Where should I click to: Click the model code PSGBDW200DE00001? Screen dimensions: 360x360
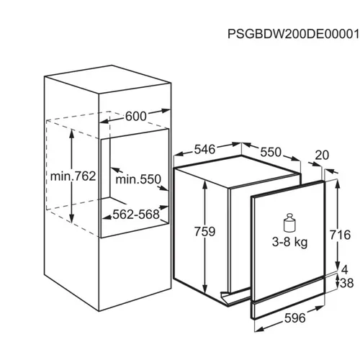tap(293, 34)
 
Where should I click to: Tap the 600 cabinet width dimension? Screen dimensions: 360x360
tap(135, 117)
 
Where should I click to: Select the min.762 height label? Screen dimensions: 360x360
tap(73, 176)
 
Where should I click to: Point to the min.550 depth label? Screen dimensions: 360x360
tap(138, 179)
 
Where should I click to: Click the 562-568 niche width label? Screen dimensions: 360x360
tap(136, 215)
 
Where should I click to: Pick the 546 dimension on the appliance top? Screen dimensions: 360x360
tap(204, 149)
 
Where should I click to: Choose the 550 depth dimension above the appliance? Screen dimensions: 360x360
tap(271, 152)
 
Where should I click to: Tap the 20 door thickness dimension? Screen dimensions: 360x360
tap(322, 156)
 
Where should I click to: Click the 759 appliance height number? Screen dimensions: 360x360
tap(204, 232)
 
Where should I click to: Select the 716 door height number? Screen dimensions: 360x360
tap(340, 235)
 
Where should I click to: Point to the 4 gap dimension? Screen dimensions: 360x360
tap(344, 270)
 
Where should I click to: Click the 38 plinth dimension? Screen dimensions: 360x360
tap(347, 283)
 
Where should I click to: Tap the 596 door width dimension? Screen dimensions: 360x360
tap(295, 318)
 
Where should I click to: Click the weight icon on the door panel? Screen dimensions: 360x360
tap(289, 222)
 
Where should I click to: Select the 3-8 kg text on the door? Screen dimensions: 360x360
tap(289, 243)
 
